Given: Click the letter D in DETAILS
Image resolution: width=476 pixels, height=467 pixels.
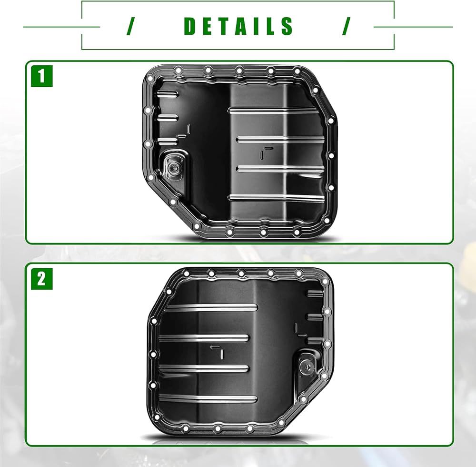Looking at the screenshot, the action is click(x=190, y=26).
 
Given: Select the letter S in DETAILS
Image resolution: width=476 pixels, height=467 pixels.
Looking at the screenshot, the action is click(x=287, y=26).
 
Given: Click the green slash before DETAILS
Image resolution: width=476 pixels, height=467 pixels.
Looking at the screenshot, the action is click(x=130, y=26).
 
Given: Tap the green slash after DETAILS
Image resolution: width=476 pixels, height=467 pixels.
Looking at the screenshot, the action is click(x=346, y=26).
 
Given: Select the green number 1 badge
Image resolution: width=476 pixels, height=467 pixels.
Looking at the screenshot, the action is click(x=42, y=76).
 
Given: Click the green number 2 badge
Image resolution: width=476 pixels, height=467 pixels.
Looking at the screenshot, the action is click(x=42, y=279).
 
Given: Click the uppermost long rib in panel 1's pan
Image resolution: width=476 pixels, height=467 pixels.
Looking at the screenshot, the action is click(x=274, y=111).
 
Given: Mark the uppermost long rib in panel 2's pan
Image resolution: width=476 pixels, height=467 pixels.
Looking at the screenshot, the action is click(x=211, y=307).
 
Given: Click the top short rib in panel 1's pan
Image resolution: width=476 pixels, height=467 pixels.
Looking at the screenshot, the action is click(x=168, y=93).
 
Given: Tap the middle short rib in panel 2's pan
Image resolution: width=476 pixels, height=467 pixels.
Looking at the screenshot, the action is click(x=315, y=316).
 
